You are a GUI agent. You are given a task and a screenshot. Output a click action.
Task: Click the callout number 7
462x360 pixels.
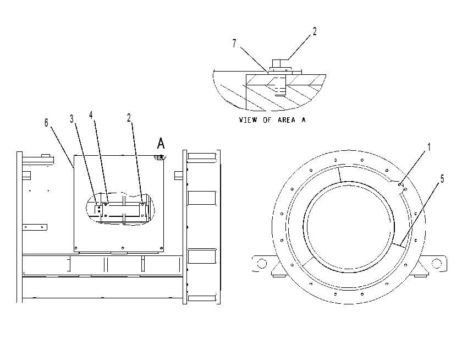234,43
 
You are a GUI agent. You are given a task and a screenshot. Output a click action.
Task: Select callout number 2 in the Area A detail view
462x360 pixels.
315,31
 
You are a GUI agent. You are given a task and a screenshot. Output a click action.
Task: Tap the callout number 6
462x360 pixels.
46,122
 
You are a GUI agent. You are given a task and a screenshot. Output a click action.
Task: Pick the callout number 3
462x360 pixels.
71,118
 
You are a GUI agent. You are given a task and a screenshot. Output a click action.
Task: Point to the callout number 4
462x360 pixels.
91,115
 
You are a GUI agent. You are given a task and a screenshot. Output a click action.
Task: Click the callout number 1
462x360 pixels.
429,147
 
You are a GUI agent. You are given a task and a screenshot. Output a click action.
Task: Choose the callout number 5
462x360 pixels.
442,178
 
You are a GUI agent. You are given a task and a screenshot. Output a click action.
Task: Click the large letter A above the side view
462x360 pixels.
161,143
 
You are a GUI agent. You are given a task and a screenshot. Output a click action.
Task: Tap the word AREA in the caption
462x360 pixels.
287,119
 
